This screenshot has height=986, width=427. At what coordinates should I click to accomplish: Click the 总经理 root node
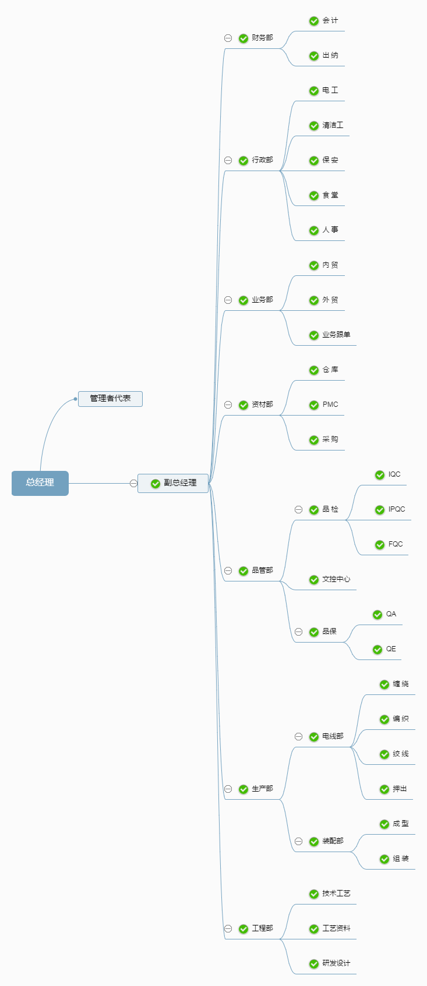[40, 483]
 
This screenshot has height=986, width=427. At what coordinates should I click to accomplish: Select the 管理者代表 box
[110, 399]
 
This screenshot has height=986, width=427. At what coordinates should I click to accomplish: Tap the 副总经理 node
[179, 483]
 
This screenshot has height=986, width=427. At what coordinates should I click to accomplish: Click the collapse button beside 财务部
[228, 38]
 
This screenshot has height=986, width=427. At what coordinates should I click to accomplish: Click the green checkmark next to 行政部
[244, 161]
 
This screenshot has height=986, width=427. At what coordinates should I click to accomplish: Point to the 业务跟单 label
[336, 335]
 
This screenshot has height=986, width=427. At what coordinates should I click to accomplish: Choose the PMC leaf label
[330, 405]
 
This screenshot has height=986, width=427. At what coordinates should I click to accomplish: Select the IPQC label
[397, 509]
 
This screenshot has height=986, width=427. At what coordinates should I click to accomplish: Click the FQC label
[396, 544]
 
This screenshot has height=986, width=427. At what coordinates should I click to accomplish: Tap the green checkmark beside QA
[377, 615]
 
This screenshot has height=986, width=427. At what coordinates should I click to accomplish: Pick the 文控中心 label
[336, 579]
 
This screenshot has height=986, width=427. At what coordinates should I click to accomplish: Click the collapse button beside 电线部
[298, 737]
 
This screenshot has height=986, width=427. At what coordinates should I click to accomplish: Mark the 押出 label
[400, 789]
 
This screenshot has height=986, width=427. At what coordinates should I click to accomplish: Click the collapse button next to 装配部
[298, 842]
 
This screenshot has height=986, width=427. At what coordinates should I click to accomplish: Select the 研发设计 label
[336, 963]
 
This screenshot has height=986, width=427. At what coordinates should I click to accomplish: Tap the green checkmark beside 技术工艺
[314, 894]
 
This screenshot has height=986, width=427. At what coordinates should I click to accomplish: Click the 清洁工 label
[333, 125]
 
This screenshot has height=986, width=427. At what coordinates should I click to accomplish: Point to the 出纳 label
[330, 55]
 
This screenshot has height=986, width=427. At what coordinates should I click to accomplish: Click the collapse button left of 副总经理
[133, 483]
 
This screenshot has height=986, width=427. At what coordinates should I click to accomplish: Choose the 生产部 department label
[262, 789]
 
